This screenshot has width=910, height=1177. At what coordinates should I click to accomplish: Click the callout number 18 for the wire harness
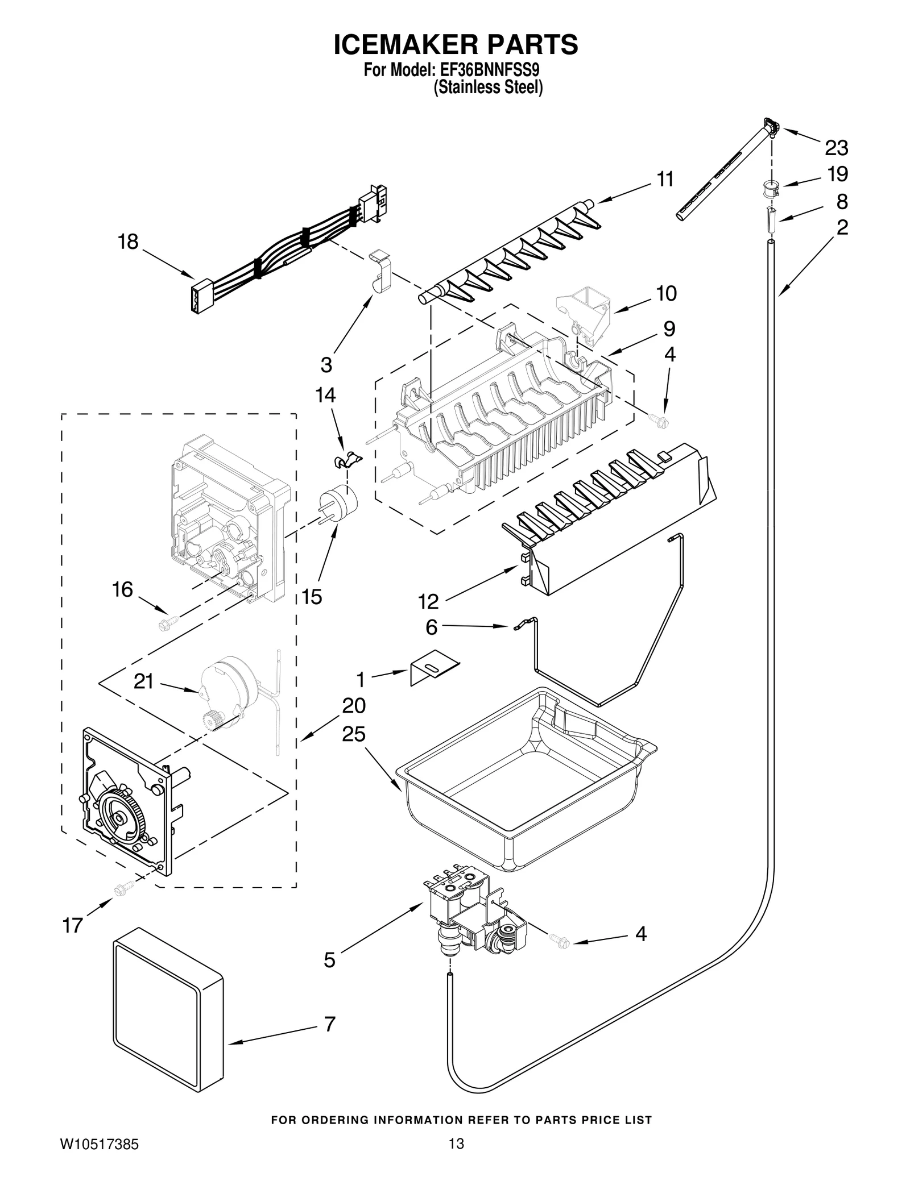[x=128, y=242]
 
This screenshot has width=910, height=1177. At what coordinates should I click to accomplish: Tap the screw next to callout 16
[x=168, y=622]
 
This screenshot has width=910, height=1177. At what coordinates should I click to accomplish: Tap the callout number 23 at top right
[x=837, y=148]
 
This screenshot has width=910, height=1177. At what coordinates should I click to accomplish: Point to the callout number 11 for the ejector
[x=665, y=179]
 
